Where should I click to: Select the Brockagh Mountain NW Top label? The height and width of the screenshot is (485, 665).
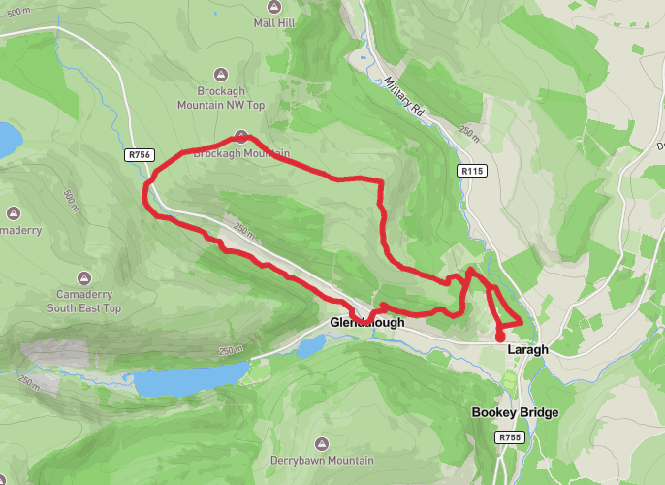click(221, 97)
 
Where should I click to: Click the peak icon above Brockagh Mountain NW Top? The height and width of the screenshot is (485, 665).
click(221, 73)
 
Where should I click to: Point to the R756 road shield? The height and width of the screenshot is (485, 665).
click(139, 154)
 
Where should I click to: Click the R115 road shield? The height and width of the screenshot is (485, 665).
click(471, 171)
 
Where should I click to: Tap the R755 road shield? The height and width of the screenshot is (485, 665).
click(511, 438)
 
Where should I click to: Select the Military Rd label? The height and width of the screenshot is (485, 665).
click(404, 97)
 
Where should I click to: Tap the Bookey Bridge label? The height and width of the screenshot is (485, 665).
click(515, 413)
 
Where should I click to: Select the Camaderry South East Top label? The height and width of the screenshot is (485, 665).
click(84, 301)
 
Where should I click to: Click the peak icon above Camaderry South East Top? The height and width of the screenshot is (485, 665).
click(84, 275)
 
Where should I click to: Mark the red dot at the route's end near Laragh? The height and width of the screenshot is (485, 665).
click(500, 337)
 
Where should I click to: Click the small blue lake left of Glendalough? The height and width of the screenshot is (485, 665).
click(310, 345)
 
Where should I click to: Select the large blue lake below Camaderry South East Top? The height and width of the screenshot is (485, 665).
click(191, 378)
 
